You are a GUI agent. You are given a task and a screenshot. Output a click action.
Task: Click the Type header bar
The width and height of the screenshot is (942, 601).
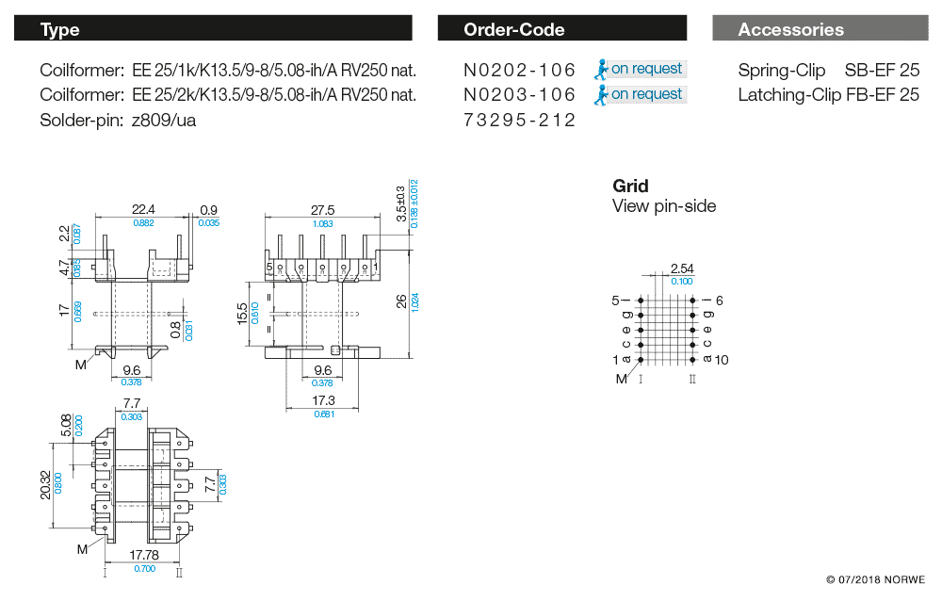pos(213,29)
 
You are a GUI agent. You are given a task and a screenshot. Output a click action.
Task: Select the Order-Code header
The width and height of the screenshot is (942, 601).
pos(562,29)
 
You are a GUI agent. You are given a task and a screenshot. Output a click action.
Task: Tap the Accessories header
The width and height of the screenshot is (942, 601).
pos(819,29)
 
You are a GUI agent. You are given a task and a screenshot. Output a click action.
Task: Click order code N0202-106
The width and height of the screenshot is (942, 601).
pos(519,70)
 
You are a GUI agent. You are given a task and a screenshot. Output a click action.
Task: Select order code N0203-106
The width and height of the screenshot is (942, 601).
pos(519,95)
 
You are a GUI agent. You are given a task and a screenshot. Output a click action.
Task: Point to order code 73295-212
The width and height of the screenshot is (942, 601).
pos(519,121)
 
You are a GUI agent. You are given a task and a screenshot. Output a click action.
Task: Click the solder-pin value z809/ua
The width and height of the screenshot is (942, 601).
pos(165,121)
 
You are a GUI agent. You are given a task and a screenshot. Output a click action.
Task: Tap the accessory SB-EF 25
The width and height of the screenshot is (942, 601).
pos(882,71)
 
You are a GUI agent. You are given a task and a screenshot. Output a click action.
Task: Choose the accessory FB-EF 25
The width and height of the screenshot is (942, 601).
pos(882,95)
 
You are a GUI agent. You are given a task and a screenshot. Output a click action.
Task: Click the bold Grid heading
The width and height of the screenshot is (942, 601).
pos(630,186)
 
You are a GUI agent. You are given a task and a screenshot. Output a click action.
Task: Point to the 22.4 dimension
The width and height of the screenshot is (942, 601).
pos(143,209)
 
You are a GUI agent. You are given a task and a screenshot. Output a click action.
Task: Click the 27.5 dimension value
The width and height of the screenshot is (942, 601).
pos(322,210)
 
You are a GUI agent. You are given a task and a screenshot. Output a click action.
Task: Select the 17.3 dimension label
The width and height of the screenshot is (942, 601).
pos(323,400)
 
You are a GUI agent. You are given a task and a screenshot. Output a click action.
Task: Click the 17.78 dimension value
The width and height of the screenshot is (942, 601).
pos(143,555)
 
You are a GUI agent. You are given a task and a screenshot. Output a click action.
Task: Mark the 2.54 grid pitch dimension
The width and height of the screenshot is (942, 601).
pos(681,269)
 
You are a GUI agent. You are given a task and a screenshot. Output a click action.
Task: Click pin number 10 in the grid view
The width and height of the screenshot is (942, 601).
pos(722,360)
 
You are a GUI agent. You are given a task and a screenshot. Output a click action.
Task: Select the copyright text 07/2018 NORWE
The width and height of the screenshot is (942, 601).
pos(875,579)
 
